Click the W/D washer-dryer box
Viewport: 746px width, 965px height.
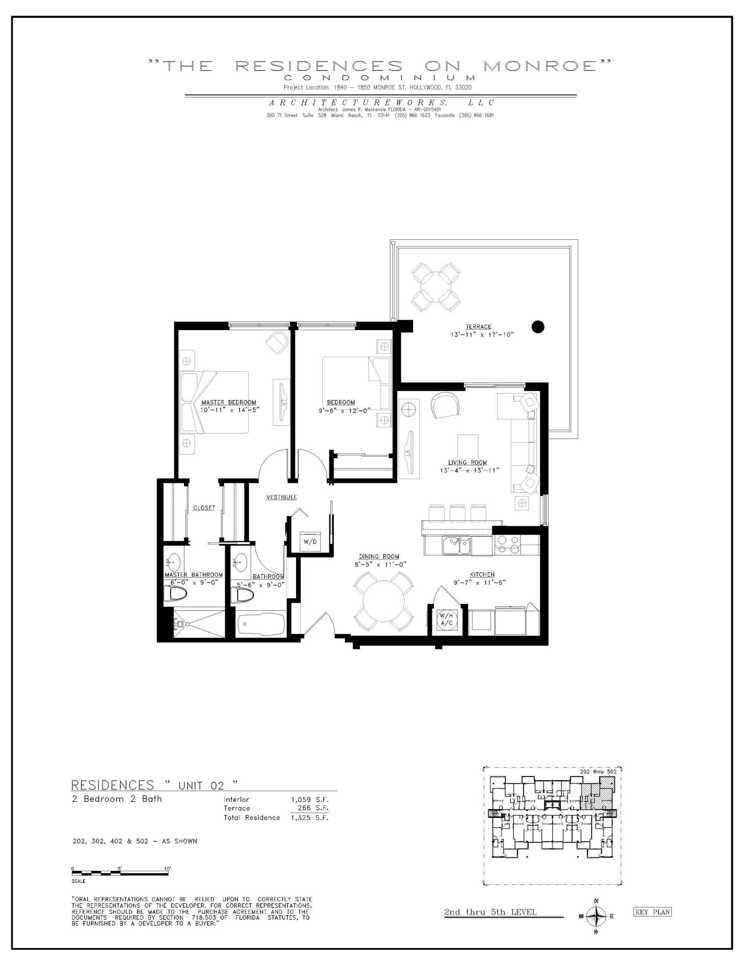click(x=310, y=542)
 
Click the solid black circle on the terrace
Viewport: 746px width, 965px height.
click(x=538, y=327)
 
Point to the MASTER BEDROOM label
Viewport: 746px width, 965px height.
click(x=229, y=402)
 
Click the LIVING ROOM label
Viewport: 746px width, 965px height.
click(x=467, y=463)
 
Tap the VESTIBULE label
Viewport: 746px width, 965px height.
click(x=281, y=497)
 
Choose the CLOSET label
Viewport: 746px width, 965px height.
click(x=204, y=508)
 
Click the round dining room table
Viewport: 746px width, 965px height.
click(x=384, y=601)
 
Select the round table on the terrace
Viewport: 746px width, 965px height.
click(x=436, y=286)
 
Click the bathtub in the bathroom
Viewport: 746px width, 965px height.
click(x=261, y=625)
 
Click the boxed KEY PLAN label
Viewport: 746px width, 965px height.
click(x=652, y=912)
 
